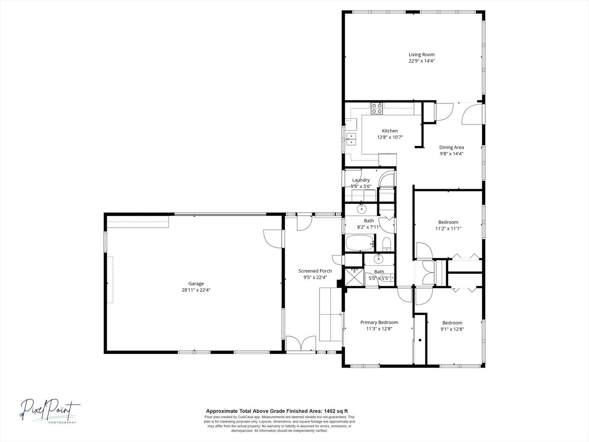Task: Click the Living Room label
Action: (x=422, y=54)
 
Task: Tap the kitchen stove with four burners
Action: (x=377, y=108)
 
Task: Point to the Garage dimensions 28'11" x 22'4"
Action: (x=196, y=290)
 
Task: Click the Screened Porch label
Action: (x=315, y=271)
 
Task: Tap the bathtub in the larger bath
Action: (x=360, y=243)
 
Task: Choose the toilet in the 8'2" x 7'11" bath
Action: (x=387, y=244)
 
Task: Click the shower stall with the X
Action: (x=354, y=277)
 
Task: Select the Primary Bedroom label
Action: (x=379, y=322)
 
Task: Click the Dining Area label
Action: (x=451, y=147)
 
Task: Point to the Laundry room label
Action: (x=361, y=180)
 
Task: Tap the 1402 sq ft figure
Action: (x=336, y=411)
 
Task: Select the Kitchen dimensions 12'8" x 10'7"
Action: (x=390, y=138)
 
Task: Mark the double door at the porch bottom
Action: (x=301, y=343)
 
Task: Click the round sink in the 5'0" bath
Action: (x=379, y=259)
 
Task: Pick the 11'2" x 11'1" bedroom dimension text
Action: (x=448, y=229)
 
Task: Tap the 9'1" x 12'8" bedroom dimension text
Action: (x=452, y=329)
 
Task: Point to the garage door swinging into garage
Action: (x=273, y=239)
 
